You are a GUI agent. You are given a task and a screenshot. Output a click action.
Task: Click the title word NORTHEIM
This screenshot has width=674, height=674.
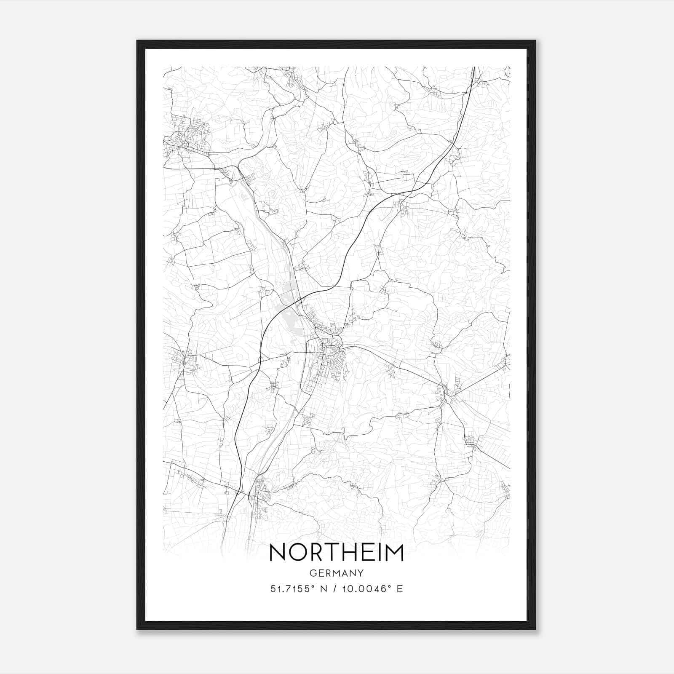[x=336, y=552]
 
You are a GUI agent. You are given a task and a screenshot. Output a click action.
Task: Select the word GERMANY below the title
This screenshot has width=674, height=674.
[x=336, y=573]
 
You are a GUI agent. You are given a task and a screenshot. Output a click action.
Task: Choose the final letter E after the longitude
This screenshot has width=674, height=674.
[x=399, y=588]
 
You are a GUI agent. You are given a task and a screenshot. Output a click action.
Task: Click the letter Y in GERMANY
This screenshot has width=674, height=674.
[x=361, y=573]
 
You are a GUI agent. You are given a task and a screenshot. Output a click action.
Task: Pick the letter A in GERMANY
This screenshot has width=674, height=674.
[x=344, y=573]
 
